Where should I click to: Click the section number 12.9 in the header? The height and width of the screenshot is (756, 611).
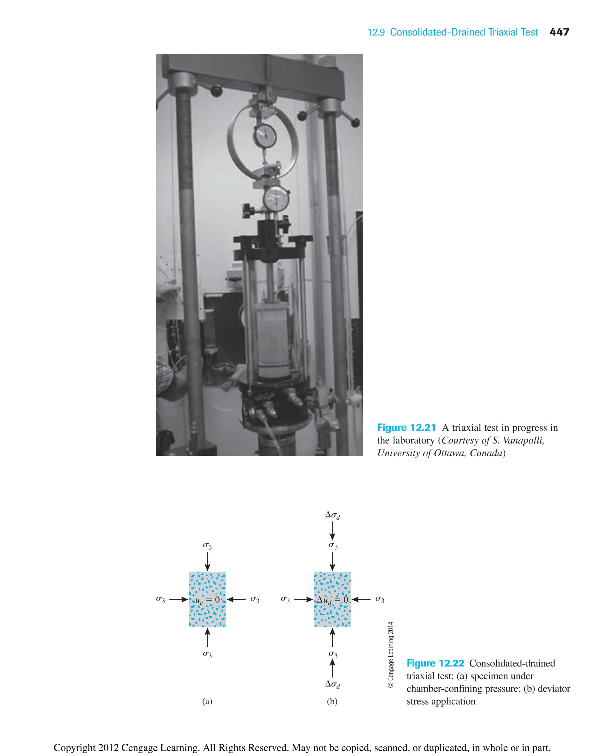point(376,33)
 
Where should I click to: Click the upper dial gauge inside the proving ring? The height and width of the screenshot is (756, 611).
point(265,136)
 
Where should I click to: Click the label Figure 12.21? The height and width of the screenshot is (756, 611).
point(406,427)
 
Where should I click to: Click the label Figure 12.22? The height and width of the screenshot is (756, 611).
point(435,663)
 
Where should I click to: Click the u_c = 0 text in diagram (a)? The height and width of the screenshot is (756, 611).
point(207,600)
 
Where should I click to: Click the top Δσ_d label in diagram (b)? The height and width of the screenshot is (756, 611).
point(332,515)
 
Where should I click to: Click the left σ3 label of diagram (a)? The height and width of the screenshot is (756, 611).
point(161,599)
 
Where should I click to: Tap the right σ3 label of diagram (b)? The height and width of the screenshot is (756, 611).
point(379,599)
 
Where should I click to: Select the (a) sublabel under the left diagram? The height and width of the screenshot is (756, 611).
point(207,701)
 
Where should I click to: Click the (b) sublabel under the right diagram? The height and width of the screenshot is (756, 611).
point(332,701)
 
